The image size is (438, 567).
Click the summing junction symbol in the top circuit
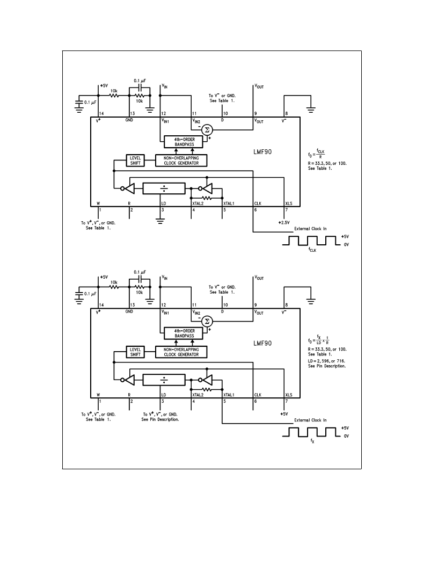click(x=207, y=130)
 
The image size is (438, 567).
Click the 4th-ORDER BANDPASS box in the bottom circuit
click(x=184, y=333)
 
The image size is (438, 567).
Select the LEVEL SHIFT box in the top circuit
click(x=135, y=161)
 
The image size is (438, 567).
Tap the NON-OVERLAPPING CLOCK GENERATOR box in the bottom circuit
click(x=181, y=352)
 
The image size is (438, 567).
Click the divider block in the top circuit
click(x=164, y=188)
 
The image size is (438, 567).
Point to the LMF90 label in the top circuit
click(x=262, y=152)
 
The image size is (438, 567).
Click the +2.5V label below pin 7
click(x=284, y=223)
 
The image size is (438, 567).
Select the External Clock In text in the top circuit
click(x=310, y=229)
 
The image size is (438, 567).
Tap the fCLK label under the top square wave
click(x=312, y=250)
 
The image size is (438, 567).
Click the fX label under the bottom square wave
click(x=312, y=441)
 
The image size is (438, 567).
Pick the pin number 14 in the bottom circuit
click(x=101, y=305)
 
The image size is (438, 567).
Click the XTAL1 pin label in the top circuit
click(x=229, y=203)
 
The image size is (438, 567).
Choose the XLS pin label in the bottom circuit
click(x=289, y=395)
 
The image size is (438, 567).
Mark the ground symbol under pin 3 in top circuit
click(x=160, y=221)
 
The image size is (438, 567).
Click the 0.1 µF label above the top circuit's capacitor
click(x=140, y=81)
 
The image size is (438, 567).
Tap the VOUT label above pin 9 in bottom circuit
click(x=259, y=278)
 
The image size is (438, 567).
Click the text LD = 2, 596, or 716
click(x=326, y=361)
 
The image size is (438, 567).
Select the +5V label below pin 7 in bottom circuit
click(x=284, y=414)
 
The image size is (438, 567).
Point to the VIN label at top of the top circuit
click(x=164, y=86)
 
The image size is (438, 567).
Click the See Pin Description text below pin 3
click(x=160, y=419)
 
